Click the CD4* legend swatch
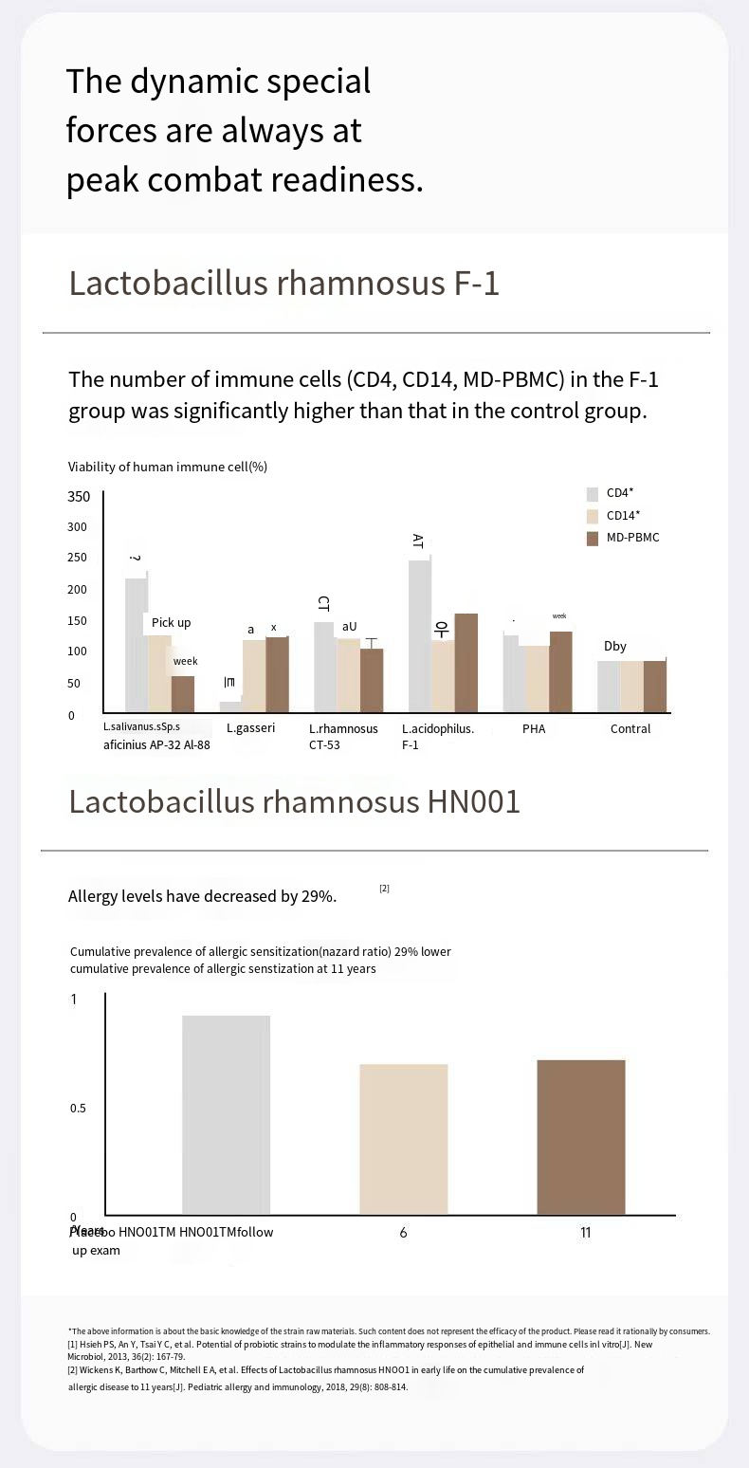click(593, 494)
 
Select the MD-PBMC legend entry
click(632, 538)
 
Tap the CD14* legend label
click(623, 516)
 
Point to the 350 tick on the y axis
click(79, 497)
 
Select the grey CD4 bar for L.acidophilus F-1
click(419, 635)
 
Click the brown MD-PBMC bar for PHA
click(560, 671)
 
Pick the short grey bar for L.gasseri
click(230, 706)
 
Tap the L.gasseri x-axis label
click(250, 728)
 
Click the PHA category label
click(534, 728)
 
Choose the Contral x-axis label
click(630, 728)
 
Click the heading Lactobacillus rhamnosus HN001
click(295, 802)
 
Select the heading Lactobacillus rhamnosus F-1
click(283, 284)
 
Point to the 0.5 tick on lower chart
click(79, 1109)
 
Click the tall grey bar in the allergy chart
click(226, 1114)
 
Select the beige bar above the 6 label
click(403, 1139)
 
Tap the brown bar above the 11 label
click(580, 1136)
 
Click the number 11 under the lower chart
click(585, 1233)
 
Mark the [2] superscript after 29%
click(384, 889)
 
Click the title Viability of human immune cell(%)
click(168, 467)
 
